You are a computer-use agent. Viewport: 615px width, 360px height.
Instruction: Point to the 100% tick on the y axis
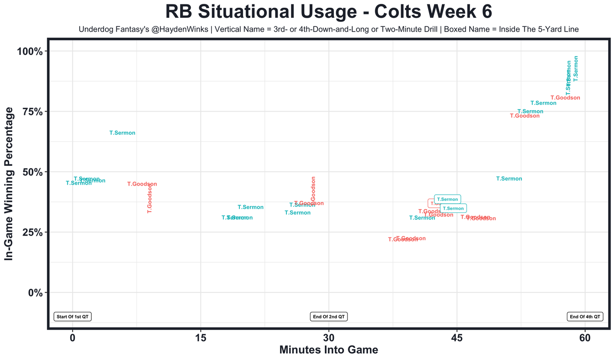tap(33, 51)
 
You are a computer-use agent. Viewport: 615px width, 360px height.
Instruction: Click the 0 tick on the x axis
tap(73, 337)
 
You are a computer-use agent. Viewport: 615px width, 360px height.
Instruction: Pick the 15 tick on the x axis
tap(200, 337)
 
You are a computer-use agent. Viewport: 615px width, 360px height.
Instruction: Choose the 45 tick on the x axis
tap(456, 337)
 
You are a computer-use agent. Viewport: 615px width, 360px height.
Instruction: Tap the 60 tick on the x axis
tap(585, 337)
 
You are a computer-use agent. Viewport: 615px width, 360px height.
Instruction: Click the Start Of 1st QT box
tap(73, 317)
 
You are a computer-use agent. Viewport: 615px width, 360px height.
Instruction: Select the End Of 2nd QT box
tap(329, 317)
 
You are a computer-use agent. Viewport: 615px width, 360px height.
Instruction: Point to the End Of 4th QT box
tap(585, 317)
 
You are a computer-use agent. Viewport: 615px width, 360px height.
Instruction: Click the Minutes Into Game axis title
tap(329, 350)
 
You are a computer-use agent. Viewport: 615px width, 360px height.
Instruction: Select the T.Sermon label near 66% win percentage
tap(123, 133)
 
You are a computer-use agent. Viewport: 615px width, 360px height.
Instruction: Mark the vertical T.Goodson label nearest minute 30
tap(313, 188)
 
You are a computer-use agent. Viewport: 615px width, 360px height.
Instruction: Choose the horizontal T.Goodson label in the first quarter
tap(142, 184)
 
